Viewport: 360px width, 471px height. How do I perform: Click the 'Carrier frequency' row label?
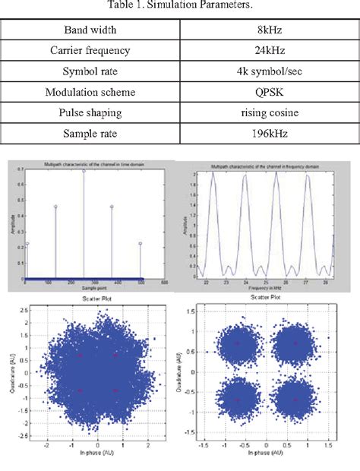coord(91,52)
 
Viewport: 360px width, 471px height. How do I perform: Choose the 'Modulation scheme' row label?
coord(91,92)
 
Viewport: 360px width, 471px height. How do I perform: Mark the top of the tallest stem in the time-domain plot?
coord(84,171)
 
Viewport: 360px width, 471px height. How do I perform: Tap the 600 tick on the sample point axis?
coord(166,284)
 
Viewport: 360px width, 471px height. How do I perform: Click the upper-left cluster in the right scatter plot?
coord(237,343)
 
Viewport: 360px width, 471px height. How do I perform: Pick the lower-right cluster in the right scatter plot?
coord(295,400)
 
